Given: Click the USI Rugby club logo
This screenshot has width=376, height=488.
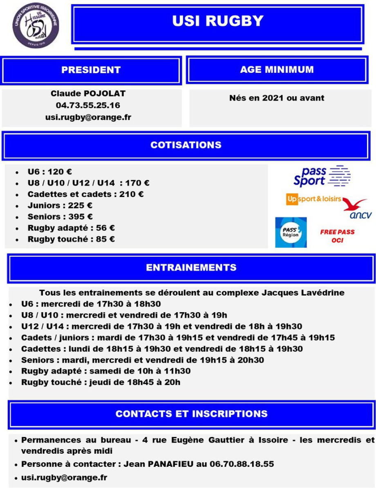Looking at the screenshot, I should pyautogui.click(x=36, y=27).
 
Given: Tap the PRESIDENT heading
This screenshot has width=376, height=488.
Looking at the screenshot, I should pyautogui.click(x=91, y=70).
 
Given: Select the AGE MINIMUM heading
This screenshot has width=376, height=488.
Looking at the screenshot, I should pyautogui.click(x=277, y=69).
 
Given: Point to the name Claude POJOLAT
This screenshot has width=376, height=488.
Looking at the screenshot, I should pyautogui.click(x=88, y=94).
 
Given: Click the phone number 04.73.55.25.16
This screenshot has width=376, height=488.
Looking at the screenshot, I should pyautogui.click(x=88, y=105).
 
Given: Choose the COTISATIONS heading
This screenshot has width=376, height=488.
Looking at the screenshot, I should pyautogui.click(x=186, y=145).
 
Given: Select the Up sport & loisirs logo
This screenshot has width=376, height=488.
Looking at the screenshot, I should pyautogui.click(x=314, y=199).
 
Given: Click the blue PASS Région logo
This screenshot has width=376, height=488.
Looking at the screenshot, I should pyautogui.click(x=291, y=232).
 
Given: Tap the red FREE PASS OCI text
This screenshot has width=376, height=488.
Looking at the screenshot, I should pyautogui.click(x=337, y=236).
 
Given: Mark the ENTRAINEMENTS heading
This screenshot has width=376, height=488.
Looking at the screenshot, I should pyautogui.click(x=191, y=268).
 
